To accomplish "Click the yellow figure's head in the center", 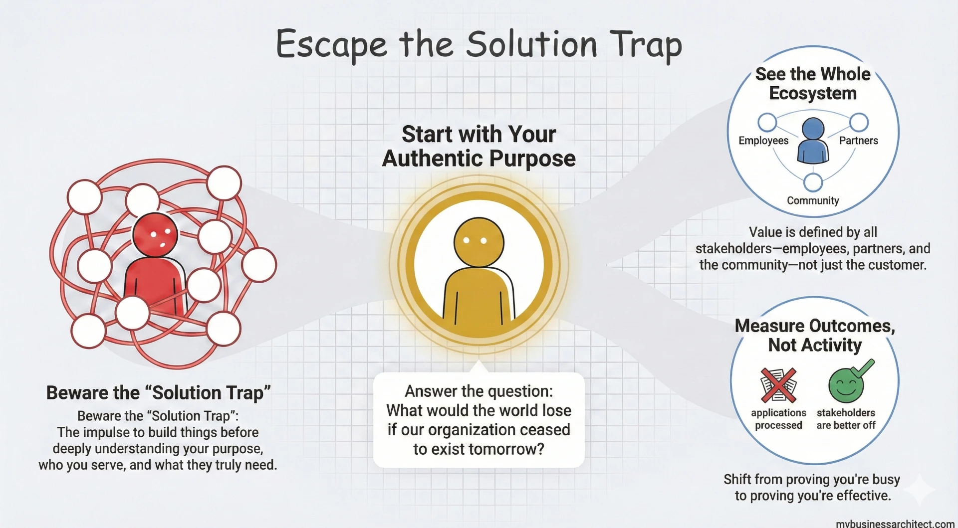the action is [x=479, y=242].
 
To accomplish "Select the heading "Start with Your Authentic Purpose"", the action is [x=479, y=146].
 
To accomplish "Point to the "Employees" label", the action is [x=763, y=141].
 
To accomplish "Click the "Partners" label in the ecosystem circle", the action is [x=858, y=141].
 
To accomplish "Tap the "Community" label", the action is [x=813, y=200].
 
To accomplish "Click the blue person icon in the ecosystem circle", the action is [x=813, y=141].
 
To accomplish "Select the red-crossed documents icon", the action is [x=778, y=385].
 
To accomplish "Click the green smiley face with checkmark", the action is [x=850, y=382].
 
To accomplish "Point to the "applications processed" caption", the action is [x=778, y=419].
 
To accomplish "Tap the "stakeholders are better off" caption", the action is [x=846, y=419].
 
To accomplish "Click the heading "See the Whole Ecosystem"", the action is [x=813, y=84].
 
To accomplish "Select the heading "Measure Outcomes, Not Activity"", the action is [x=815, y=335].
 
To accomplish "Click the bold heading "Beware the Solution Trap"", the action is [x=158, y=393].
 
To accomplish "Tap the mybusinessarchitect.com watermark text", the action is [x=895, y=524].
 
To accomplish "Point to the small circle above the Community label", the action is [x=813, y=182].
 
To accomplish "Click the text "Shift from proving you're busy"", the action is [x=812, y=480].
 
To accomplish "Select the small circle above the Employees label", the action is [x=767, y=122].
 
